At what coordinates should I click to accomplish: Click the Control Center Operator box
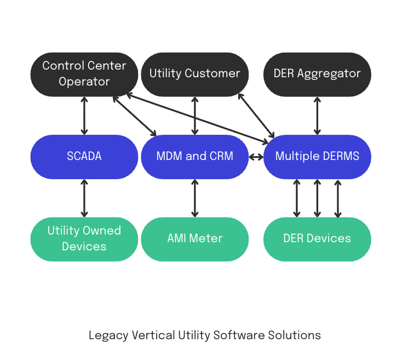pyautogui.click(x=84, y=74)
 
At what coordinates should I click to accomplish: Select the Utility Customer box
pyautogui.click(x=194, y=74)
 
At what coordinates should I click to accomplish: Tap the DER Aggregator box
pyautogui.click(x=317, y=74)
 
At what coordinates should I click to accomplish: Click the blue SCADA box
pyautogui.click(x=84, y=157)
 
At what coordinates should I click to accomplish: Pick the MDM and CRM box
pyautogui.click(x=194, y=157)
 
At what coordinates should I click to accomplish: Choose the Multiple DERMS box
pyautogui.click(x=317, y=157)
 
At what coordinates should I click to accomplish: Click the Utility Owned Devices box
pyautogui.click(x=84, y=239)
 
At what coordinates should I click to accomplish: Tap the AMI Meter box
pyautogui.click(x=194, y=239)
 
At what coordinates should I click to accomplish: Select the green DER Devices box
pyautogui.click(x=317, y=239)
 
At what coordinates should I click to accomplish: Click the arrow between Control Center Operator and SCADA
pyautogui.click(x=84, y=116)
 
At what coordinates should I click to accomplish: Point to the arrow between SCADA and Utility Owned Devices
pyautogui.click(x=84, y=198)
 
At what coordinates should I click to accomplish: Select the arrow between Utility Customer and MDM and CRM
pyautogui.click(x=194, y=116)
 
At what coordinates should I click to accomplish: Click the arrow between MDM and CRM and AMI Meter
pyautogui.click(x=194, y=198)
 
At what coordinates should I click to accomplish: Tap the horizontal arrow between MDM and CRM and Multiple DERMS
pyautogui.click(x=256, y=157)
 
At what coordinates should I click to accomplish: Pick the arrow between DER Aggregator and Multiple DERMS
pyautogui.click(x=317, y=116)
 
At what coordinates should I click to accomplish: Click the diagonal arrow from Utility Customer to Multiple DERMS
pyautogui.click(x=256, y=115)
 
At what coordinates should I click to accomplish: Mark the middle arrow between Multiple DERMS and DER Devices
pyautogui.click(x=317, y=198)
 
